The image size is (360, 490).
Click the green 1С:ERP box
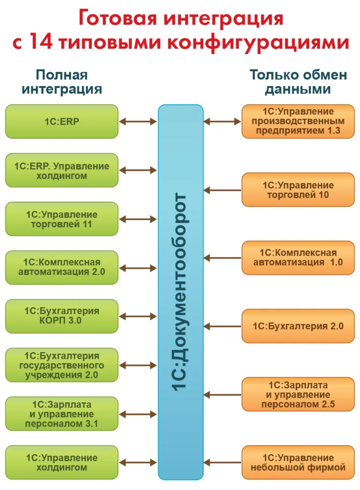coord(62,122)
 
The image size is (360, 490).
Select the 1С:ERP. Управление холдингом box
coord(62,170)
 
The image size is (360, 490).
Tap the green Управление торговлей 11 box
coord(62,219)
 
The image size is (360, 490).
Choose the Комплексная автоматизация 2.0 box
coord(62,267)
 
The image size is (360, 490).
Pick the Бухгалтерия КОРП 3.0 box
coord(62,316)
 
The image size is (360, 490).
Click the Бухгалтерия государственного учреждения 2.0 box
coord(62,365)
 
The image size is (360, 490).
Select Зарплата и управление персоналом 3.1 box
coord(62,414)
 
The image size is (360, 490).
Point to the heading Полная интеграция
coord(62,82)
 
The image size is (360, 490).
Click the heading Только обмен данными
coord(298,82)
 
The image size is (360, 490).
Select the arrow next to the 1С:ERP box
coord(138,122)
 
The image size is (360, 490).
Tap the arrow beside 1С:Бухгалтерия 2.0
coord(223,326)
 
